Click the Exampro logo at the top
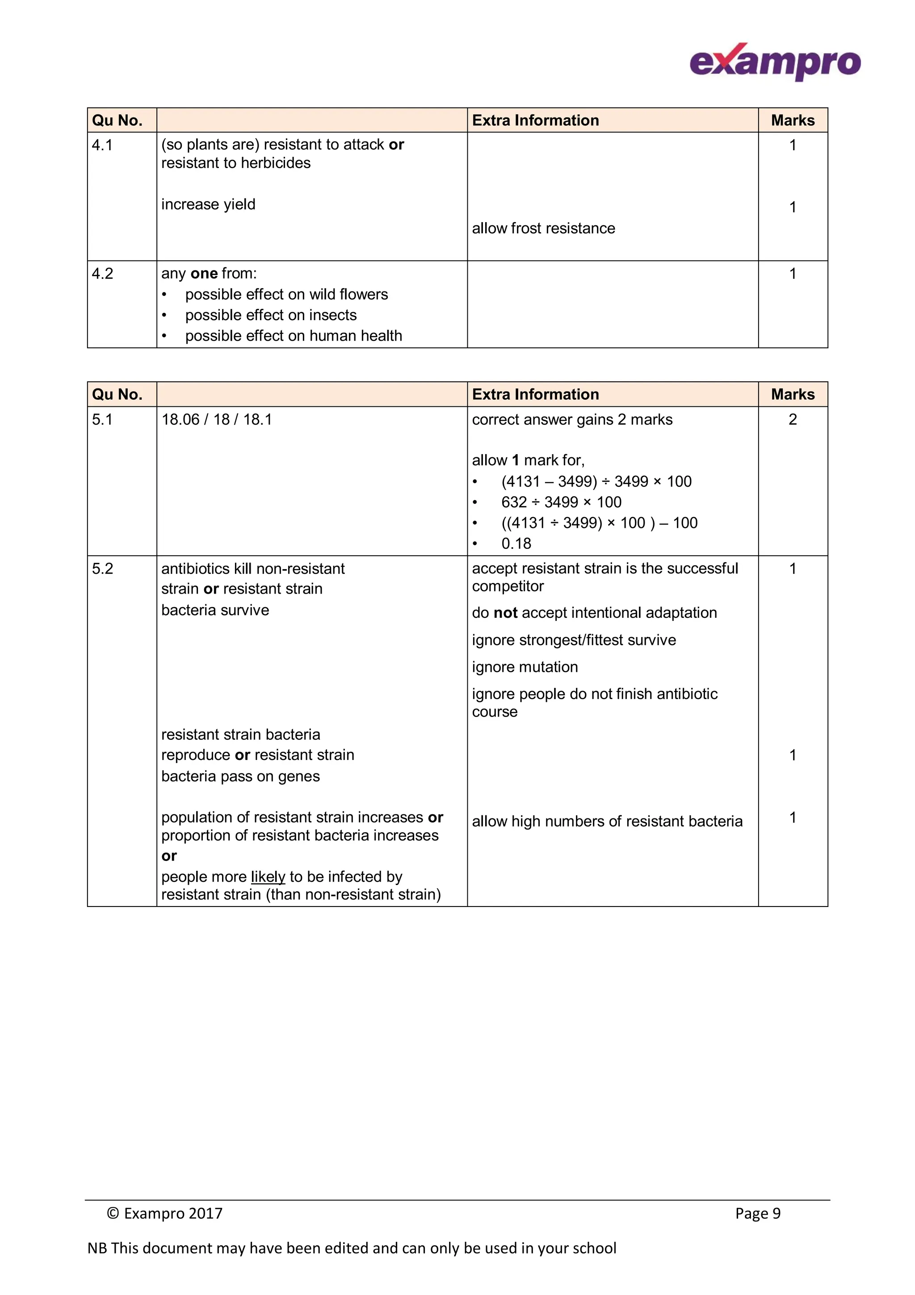pos(775,62)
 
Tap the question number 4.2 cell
pos(103,274)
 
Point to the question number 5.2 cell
pos(103,569)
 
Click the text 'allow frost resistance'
pos(543,228)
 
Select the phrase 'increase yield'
pos(208,204)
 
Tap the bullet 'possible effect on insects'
pos(271,315)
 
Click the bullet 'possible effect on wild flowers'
pos(286,295)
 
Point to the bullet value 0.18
pos(516,543)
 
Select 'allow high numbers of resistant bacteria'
pos(607,821)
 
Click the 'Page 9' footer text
pos(757,1213)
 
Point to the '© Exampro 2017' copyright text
pos(164,1213)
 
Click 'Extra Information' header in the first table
pos(535,120)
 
